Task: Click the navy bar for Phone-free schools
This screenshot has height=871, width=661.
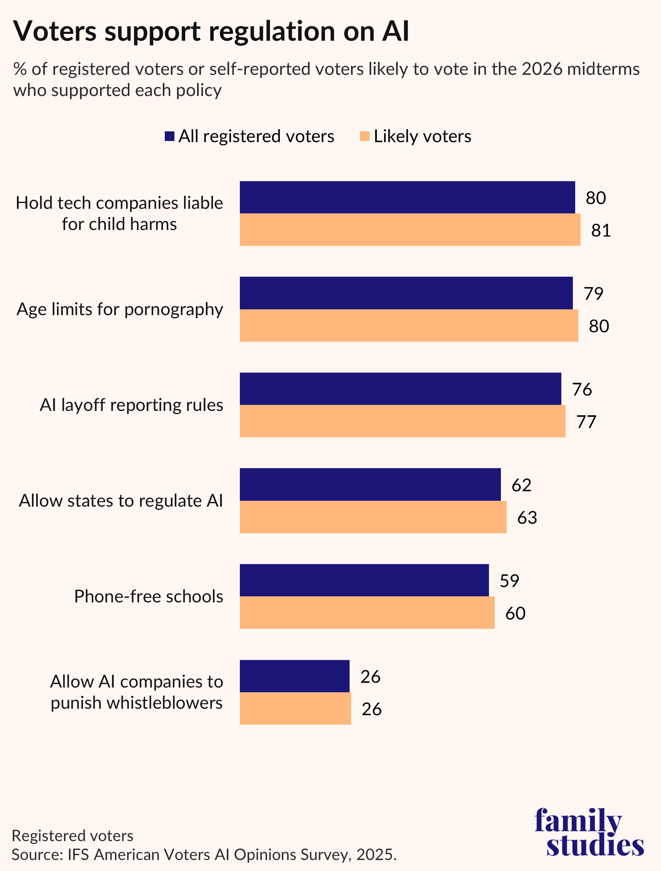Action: [x=364, y=580]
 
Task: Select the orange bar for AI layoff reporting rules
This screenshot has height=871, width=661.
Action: [x=402, y=421]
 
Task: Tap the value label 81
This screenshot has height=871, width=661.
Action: [x=601, y=230]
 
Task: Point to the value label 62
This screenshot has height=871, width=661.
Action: [x=521, y=485]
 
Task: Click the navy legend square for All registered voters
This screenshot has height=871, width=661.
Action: [x=169, y=136]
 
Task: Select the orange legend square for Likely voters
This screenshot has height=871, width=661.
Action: [x=365, y=136]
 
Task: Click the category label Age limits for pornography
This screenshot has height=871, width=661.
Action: [x=120, y=309]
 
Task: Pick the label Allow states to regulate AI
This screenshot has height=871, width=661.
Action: [x=121, y=501]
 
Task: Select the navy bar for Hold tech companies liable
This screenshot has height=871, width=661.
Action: [x=407, y=197]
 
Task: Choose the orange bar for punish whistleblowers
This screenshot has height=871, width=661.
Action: [x=295, y=708]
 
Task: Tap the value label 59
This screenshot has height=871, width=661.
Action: [x=509, y=581]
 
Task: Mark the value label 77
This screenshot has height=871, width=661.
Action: [x=586, y=422]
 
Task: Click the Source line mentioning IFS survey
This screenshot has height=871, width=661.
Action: [x=204, y=854]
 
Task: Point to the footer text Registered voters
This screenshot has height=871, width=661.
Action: [x=72, y=836]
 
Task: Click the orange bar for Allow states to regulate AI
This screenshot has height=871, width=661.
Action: [x=373, y=517]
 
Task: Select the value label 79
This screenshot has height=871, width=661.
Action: [x=593, y=294]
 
